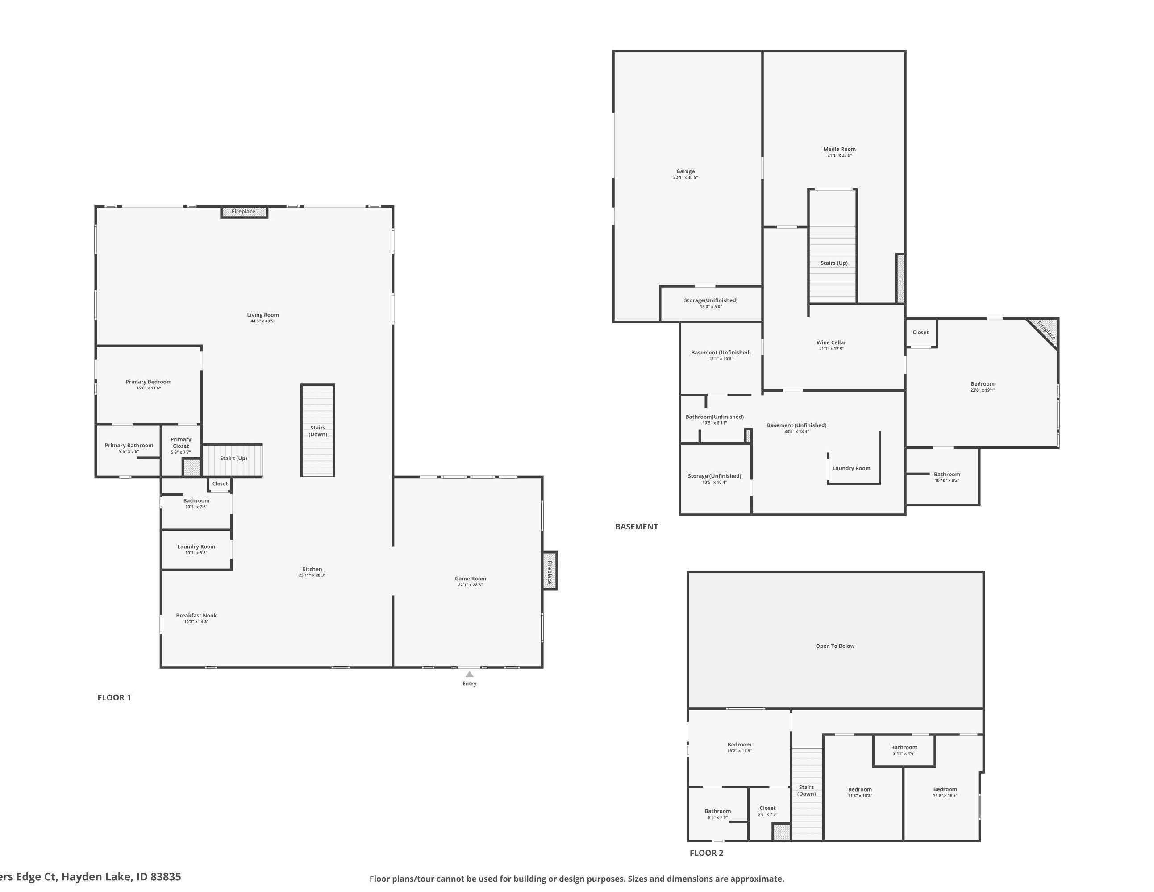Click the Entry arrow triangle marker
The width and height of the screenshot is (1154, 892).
click(469, 674)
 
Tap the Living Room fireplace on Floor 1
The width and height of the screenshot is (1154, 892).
click(244, 212)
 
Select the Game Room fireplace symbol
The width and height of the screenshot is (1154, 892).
click(550, 571)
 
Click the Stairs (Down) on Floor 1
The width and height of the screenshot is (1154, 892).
click(317, 431)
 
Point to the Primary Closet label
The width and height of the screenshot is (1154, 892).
click(181, 443)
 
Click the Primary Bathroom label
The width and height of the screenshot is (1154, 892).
click(129, 446)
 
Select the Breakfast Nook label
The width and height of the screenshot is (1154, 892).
click(196, 616)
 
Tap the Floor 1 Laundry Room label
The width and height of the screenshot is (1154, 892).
click(196, 547)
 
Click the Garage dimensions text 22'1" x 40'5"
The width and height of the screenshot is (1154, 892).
click(685, 178)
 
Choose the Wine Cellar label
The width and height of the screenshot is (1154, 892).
click(831, 342)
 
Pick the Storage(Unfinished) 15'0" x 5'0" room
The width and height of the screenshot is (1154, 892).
click(711, 303)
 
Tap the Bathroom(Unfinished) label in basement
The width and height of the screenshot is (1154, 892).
click(714, 417)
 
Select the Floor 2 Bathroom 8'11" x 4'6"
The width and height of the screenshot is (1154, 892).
click(904, 750)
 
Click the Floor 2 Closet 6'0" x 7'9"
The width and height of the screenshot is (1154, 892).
click(767, 811)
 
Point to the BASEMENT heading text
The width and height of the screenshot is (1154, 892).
click(637, 527)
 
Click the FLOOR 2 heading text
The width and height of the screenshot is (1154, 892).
click(706, 853)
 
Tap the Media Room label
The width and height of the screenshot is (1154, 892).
click(840, 150)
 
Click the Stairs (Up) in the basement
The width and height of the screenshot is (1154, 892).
click(834, 263)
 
